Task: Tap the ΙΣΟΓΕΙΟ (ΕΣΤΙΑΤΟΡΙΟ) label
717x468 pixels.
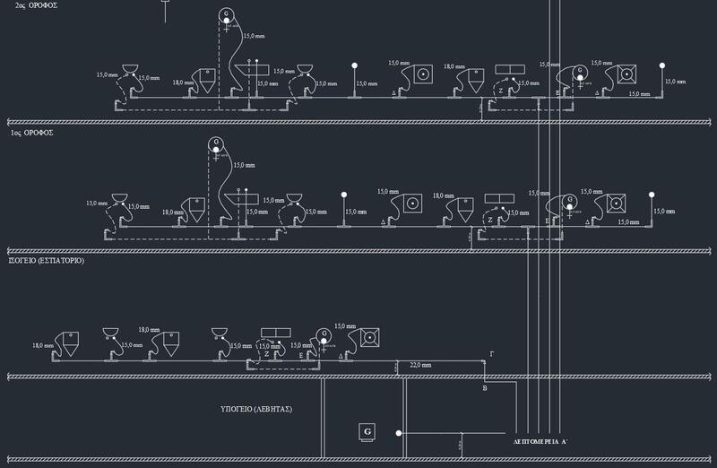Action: tap(47, 260)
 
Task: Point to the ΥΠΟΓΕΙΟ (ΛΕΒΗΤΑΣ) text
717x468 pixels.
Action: tap(257, 409)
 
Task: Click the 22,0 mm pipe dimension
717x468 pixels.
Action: tap(419, 366)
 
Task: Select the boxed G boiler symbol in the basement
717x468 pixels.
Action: tap(367, 432)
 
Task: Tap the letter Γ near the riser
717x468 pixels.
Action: tap(490, 355)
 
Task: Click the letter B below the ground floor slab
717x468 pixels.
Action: tap(485, 388)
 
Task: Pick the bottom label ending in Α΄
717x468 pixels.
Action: tap(540, 442)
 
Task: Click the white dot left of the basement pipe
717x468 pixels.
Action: tap(396, 433)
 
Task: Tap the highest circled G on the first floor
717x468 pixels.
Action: tap(216, 143)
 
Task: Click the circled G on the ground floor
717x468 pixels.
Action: tap(324, 335)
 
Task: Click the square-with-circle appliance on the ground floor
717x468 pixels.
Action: tap(368, 338)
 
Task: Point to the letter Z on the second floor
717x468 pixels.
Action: tap(500, 91)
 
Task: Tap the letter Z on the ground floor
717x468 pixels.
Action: tap(267, 355)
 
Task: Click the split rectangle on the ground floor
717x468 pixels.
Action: tap(276, 333)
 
